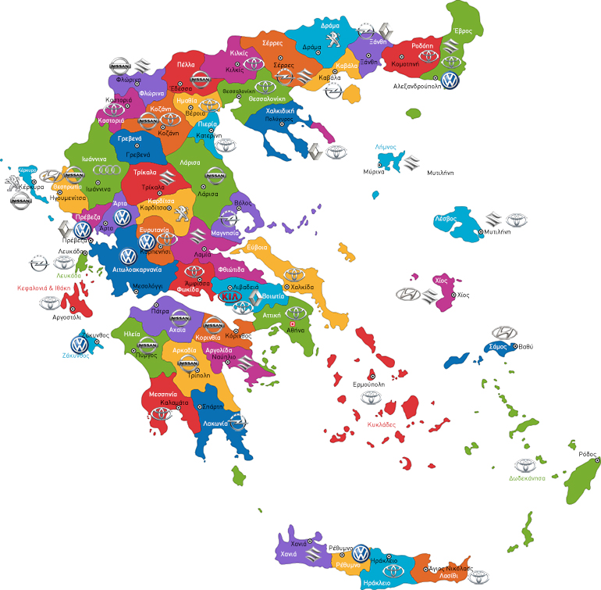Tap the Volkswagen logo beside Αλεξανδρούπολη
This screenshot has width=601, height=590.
point(449,80)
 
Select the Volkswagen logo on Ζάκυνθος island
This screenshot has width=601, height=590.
point(80,344)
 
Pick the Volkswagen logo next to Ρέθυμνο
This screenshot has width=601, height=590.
point(360,553)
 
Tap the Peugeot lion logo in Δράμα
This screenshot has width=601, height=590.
point(333,39)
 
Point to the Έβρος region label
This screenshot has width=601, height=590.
point(463,31)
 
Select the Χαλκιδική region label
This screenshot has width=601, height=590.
point(279,112)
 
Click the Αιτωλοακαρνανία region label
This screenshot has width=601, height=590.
point(137,269)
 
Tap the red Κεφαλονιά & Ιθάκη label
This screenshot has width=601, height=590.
point(44,288)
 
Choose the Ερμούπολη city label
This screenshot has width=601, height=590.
point(371,385)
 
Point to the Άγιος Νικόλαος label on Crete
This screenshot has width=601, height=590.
point(450,568)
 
